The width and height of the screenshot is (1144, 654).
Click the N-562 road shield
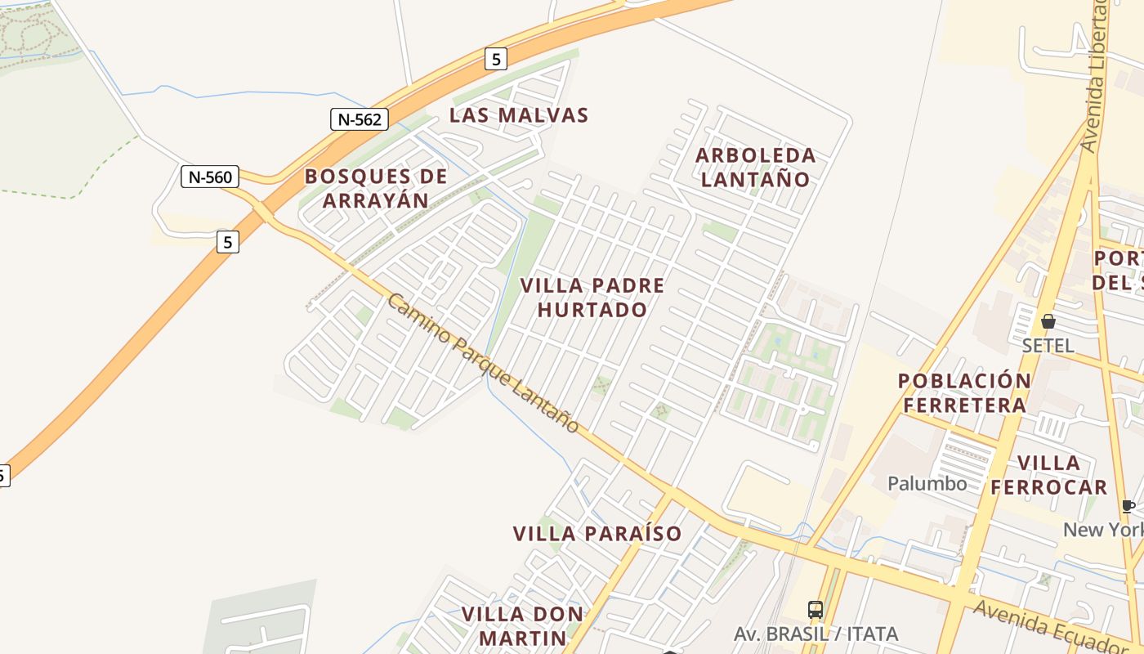coord(359,119)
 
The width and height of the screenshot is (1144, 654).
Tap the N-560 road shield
coord(210,177)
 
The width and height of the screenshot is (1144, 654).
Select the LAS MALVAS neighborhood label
coord(519,115)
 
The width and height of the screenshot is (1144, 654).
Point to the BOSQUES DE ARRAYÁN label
coord(376,188)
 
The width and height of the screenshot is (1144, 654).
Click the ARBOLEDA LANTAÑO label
coord(756,167)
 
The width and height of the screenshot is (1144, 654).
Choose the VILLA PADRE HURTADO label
coord(592,298)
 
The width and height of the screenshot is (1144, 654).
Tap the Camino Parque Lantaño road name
coord(483,364)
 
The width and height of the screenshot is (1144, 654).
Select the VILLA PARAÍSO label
coord(597,534)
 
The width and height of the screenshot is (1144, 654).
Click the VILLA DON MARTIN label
coord(523,625)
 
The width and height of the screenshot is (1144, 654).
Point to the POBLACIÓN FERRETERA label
coord(964,393)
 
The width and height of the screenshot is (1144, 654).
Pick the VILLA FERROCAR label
coord(1049,475)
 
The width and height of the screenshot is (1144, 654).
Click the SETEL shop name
coord(1048,346)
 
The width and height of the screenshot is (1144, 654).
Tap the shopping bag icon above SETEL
coord(1048,321)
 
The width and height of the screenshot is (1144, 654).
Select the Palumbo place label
coord(927,484)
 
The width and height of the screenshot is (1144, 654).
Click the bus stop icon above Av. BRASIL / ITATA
coord(816,609)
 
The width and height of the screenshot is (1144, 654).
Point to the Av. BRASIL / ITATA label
coord(816,634)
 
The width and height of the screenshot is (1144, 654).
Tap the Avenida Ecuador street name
coord(1054,625)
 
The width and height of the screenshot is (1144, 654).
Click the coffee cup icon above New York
coord(1128,507)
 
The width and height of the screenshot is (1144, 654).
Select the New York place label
coord(1103,530)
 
